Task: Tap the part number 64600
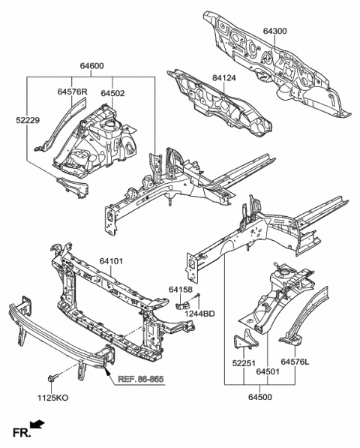(92, 66)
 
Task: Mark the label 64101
(115, 262)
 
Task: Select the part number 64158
(181, 289)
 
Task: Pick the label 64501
(269, 371)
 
